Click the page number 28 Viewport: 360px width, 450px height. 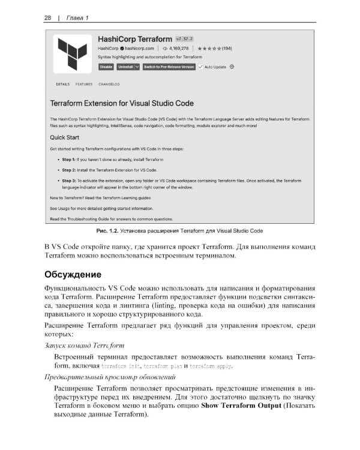click(x=47, y=17)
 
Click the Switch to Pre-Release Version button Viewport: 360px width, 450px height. click(x=169, y=67)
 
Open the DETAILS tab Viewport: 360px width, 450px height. click(x=63, y=85)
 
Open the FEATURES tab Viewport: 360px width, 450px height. click(x=84, y=85)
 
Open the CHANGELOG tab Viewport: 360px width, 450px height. click(x=109, y=85)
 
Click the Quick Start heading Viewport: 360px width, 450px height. click(x=68, y=136)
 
